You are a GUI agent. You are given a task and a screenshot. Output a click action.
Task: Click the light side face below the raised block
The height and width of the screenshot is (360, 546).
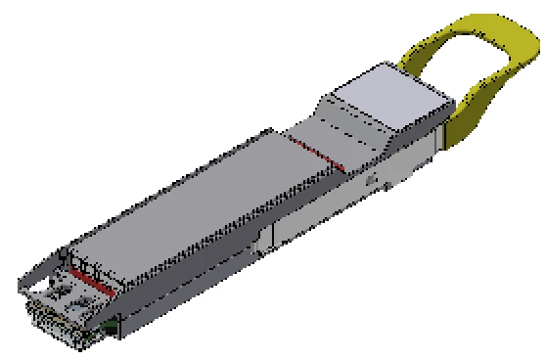(x=411, y=157)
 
